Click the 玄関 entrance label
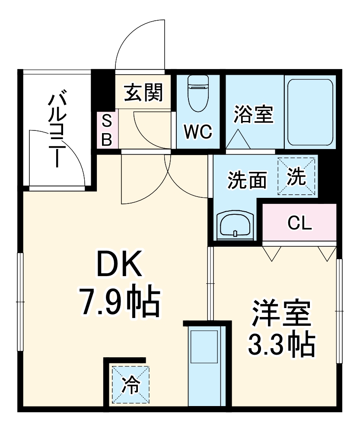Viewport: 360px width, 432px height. [x=143, y=92]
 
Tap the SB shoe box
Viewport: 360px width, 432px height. [x=107, y=130]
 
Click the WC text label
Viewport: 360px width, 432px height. [x=198, y=132]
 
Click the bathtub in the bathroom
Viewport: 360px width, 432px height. [x=310, y=112]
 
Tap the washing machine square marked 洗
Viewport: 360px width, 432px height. [x=296, y=176]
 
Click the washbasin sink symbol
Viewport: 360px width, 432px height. [x=235, y=225]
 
